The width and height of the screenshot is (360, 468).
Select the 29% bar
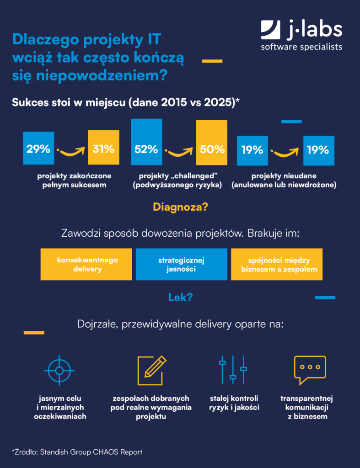(38, 148)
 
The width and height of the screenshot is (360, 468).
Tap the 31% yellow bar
(103, 148)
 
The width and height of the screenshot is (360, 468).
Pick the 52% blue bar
(146, 143)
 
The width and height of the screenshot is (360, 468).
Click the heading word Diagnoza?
(180, 207)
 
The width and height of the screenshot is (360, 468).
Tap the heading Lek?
(180, 298)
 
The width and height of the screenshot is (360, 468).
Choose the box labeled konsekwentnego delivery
(87, 264)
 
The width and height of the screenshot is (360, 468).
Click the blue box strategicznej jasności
(181, 264)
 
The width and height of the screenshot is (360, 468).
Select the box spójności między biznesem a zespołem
(276, 264)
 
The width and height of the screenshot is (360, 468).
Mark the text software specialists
(301, 47)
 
